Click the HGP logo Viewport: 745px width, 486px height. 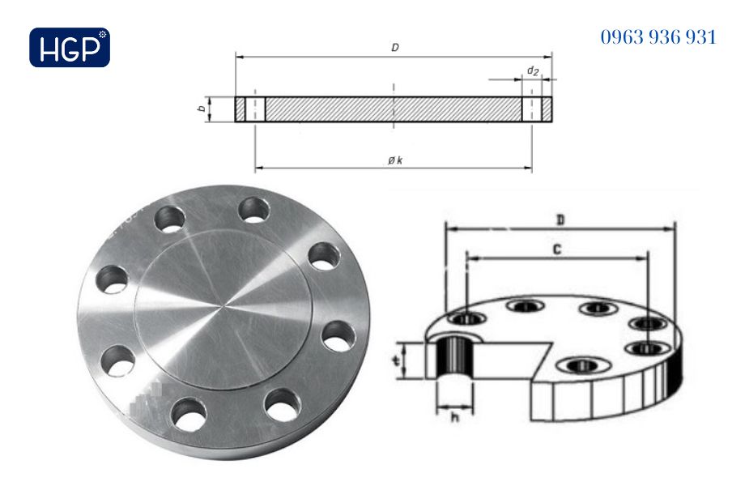[69, 47]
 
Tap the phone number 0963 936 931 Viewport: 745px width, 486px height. [658, 37]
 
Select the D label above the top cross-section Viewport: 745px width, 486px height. [394, 48]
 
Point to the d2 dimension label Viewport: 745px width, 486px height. [532, 71]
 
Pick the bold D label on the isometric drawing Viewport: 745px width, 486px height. [560, 220]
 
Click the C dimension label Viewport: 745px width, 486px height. [557, 249]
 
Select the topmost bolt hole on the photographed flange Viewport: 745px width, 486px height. [255, 209]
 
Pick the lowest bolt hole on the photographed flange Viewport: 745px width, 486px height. [189, 415]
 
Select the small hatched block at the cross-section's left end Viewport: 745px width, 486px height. [241, 109]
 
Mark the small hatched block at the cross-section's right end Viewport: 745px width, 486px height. [547, 109]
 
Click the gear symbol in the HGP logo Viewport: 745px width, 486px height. [102, 34]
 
